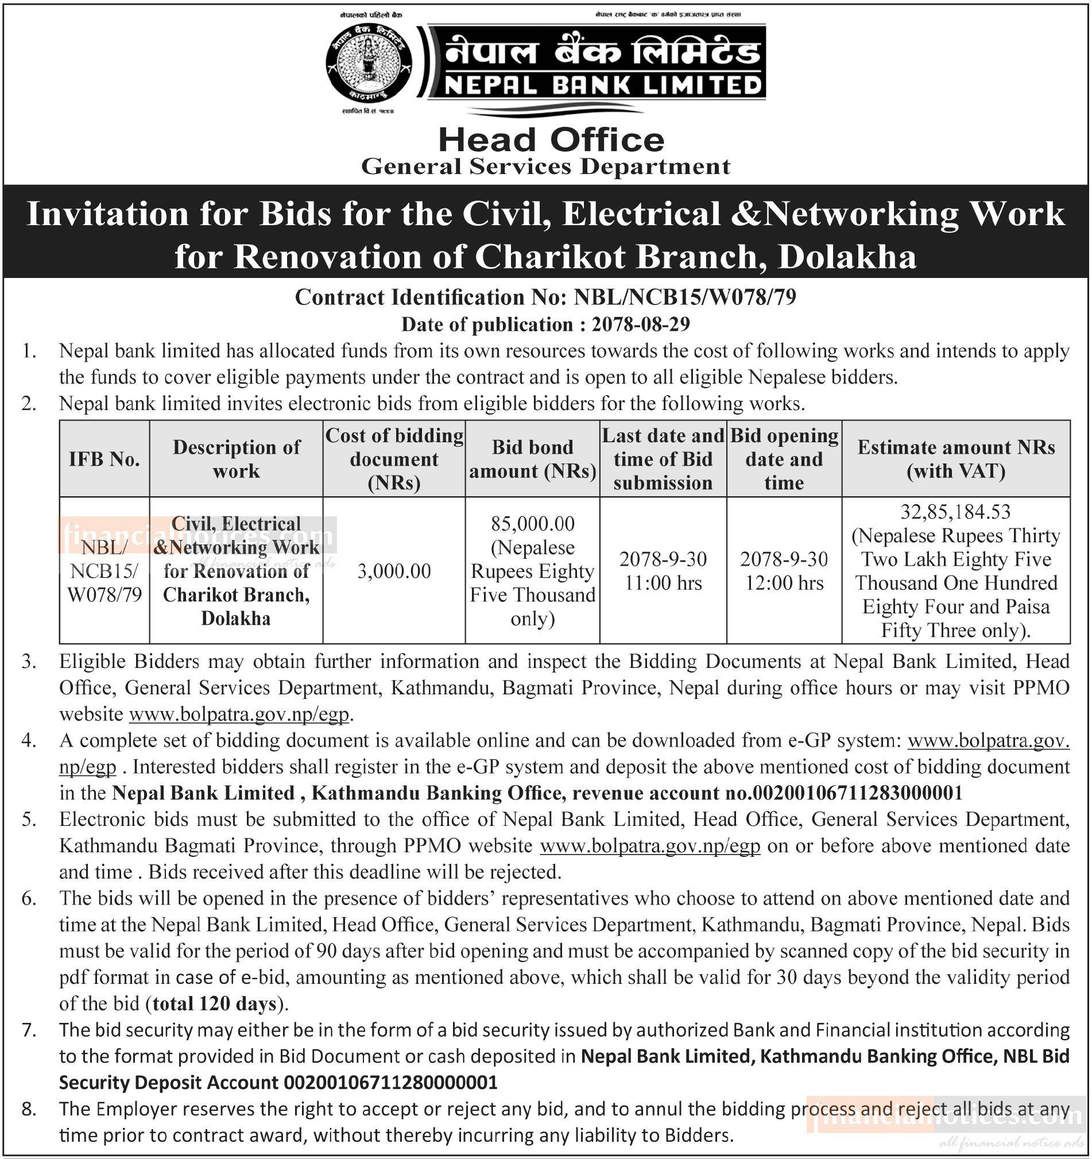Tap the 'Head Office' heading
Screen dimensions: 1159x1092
pos(551,140)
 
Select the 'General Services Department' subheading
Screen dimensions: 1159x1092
pos(545,167)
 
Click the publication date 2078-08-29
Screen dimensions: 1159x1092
pos(640,324)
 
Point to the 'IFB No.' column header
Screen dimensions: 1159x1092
pos(104,459)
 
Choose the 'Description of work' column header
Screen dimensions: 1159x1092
pos(236,459)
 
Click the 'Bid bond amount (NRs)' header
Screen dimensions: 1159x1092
pos(533,459)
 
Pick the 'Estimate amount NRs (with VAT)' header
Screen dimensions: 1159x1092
pos(956,459)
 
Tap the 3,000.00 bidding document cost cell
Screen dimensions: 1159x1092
pos(394,571)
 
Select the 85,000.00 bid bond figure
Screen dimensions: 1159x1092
pos(533,524)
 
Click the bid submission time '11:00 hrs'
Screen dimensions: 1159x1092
pos(663,583)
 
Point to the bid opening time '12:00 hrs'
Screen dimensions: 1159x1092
pos(784,583)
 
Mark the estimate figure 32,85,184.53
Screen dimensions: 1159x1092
pos(956,512)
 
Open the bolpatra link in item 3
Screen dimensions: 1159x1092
pos(239,714)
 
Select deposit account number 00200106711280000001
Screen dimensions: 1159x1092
pos(390,1083)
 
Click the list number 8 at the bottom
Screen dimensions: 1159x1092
pos(29,1109)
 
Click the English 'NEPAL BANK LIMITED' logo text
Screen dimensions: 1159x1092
pos(603,86)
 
